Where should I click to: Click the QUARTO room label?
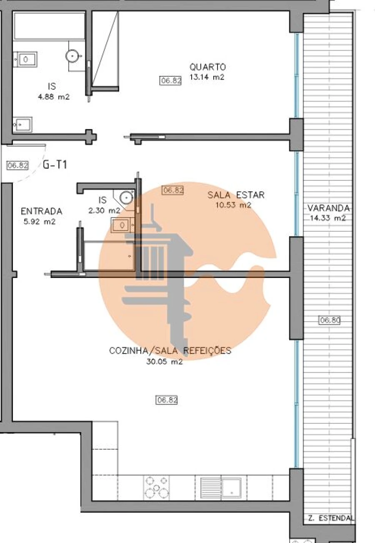tap(207, 67)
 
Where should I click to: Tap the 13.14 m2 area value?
tap(207, 77)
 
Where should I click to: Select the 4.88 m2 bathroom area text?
tap(52, 97)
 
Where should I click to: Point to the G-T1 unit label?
tap(55, 165)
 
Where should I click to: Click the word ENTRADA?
tap(41, 211)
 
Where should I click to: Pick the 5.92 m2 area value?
tap(40, 222)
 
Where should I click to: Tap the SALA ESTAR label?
tap(236, 195)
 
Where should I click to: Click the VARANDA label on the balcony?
tap(329, 208)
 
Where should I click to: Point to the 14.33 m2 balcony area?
tap(328, 218)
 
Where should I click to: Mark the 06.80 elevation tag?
tap(330, 320)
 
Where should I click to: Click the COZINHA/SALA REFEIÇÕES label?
tap(170, 351)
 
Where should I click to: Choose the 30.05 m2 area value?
tap(164, 362)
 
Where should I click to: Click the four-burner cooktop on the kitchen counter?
tap(157, 487)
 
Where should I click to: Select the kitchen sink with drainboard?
tap(221, 487)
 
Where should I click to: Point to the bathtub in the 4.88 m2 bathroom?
tap(49, 26)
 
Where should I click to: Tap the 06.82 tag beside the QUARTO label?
tap(171, 81)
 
